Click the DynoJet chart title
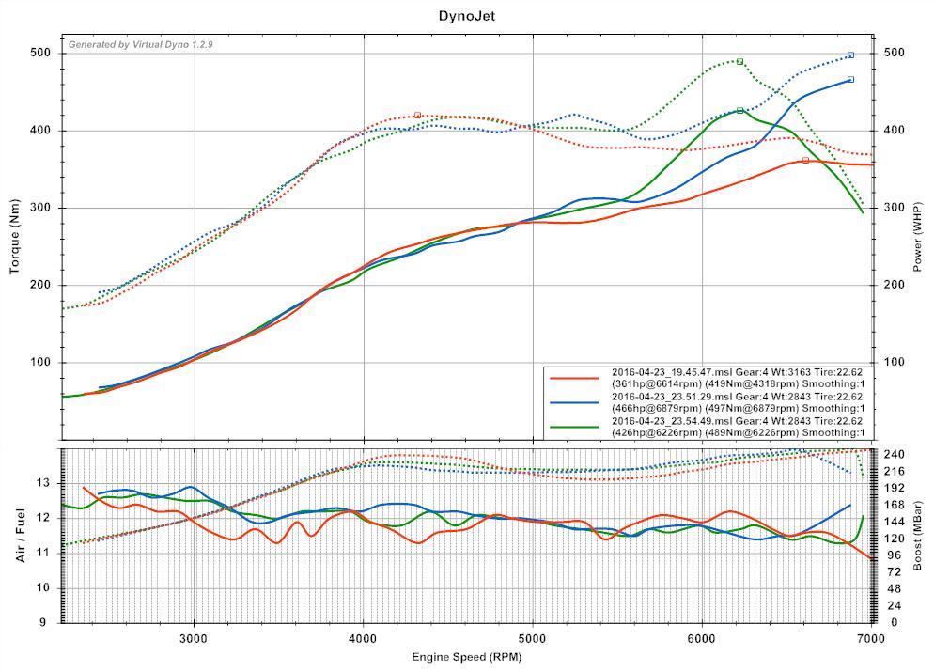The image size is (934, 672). tap(467, 16)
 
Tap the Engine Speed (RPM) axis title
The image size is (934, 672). tap(467, 656)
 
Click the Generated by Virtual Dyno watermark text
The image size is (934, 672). tap(141, 45)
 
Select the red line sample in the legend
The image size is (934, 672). tap(574, 378)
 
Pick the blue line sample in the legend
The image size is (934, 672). tap(574, 402)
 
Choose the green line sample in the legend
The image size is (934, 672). tap(574, 427)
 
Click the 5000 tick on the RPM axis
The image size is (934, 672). tap(533, 638)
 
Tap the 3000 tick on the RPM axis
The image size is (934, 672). tap(194, 638)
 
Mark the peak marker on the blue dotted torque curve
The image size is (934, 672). tap(850, 55)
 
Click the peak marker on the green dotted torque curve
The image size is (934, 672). tap(739, 61)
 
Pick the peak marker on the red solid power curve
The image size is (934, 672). tap(805, 161)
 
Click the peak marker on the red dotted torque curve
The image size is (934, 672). tap(417, 115)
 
